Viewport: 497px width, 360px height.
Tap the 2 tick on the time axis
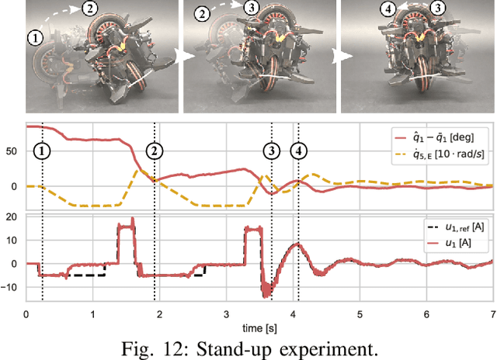[159, 313]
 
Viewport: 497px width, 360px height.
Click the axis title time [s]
[259, 326]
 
